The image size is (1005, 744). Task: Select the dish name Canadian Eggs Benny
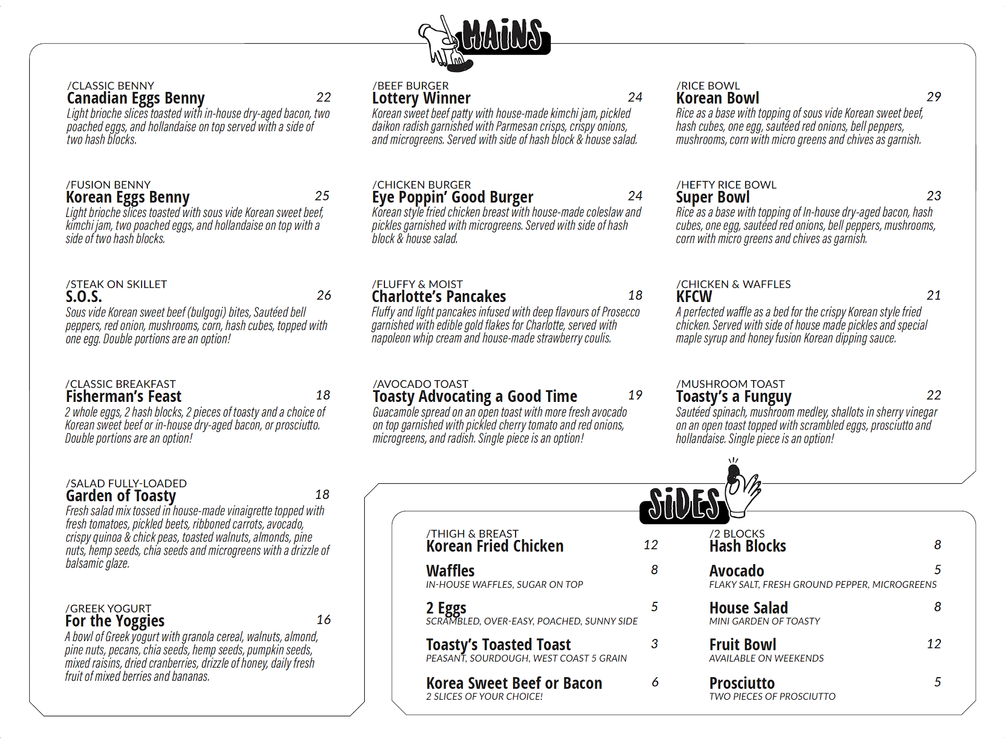(136, 98)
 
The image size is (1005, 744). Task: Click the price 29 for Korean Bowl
(934, 96)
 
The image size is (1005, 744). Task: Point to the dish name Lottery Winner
(421, 98)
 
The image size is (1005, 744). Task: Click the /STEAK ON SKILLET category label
(117, 284)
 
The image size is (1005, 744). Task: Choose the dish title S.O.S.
(84, 296)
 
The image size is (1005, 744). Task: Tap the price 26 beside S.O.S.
(324, 295)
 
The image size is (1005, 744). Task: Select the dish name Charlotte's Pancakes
(439, 296)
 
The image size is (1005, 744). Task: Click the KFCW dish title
(694, 296)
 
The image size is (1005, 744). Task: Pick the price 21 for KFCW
(934, 295)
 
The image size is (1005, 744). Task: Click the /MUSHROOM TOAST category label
(730, 384)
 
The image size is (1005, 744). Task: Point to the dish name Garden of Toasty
(121, 496)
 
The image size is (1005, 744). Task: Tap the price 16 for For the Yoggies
(324, 620)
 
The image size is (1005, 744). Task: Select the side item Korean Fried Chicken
(494, 546)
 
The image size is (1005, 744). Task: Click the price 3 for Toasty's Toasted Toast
(654, 644)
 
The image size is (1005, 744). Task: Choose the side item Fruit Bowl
(742, 645)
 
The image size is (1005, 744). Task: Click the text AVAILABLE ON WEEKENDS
(766, 658)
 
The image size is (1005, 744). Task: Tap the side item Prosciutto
(742, 683)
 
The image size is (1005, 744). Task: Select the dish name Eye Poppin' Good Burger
(452, 197)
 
